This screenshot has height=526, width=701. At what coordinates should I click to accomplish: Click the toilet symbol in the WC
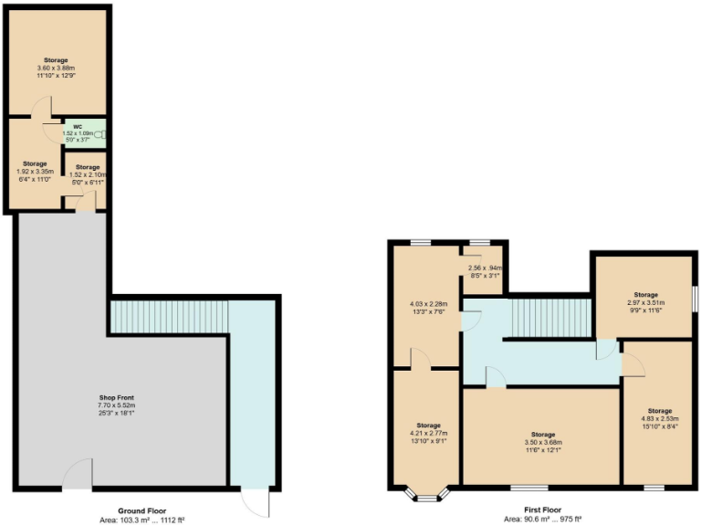coord(99,134)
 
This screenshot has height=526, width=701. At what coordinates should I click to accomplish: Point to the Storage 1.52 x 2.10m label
coord(88,174)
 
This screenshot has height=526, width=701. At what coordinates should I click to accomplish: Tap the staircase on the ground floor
coord(168,317)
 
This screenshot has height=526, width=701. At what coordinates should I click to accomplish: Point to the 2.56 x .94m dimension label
coord(484,270)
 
